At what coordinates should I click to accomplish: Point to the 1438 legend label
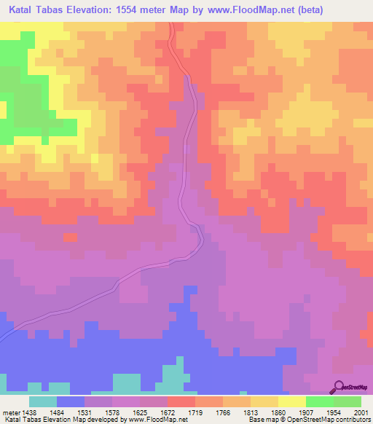click(x=28, y=412)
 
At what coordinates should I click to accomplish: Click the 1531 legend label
click(x=97, y=412)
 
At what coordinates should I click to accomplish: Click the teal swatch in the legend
click(x=42, y=401)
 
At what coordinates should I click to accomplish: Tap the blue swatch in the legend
click(x=71, y=401)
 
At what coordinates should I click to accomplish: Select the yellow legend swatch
click(x=291, y=401)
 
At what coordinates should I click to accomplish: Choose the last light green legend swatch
click(x=347, y=401)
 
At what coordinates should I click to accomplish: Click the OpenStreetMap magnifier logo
click(x=338, y=387)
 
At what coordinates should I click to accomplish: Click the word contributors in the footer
click(x=353, y=420)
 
